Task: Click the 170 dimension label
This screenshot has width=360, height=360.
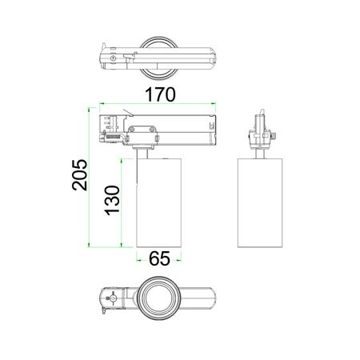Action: click(160, 94)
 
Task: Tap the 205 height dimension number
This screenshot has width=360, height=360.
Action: click(80, 175)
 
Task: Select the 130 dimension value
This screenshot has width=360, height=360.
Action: click(112, 201)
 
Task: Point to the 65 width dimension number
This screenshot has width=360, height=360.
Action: click(159, 258)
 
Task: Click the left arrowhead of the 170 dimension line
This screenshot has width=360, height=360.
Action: click(101, 103)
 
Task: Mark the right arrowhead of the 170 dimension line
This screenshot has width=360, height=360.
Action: click(214, 103)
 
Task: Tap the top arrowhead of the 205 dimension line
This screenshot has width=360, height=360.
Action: click(89, 110)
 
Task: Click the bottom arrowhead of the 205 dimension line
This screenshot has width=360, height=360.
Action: click(89, 245)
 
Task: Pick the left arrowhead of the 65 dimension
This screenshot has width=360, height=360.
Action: click(138, 260)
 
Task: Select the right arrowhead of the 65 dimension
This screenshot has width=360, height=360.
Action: click(179, 260)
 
